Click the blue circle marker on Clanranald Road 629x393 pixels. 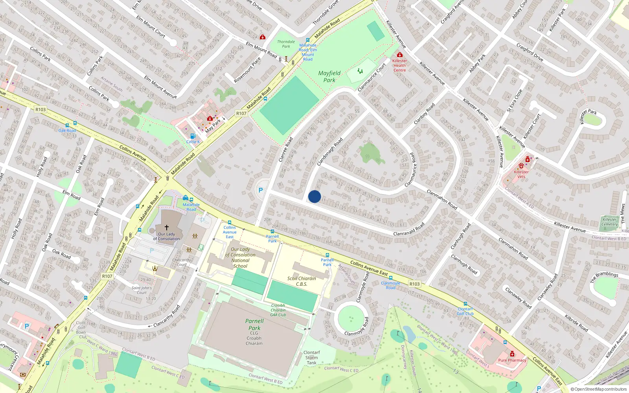click(x=314, y=196)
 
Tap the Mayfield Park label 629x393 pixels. click(x=329, y=77)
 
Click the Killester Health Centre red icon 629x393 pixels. click(x=400, y=55)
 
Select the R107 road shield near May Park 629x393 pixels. click(x=241, y=113)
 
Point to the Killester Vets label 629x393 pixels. click(x=521, y=174)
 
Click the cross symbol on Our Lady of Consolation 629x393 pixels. click(x=167, y=228)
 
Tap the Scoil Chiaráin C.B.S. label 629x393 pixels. click(x=302, y=281)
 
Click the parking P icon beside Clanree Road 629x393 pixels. click(x=260, y=190)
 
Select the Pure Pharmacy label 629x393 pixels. click(x=512, y=360)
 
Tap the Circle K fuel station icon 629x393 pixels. click(x=193, y=136)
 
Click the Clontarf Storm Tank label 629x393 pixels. click(x=311, y=358)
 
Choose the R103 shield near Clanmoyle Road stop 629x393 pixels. click(x=414, y=284)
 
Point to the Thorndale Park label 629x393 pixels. click(x=286, y=44)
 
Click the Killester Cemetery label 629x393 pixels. click(x=609, y=222)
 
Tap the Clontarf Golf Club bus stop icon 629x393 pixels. click(x=465, y=304)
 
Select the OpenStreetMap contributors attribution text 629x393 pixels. click(x=599, y=389)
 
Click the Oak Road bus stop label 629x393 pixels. click(x=67, y=130)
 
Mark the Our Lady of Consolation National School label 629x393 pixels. click(x=240, y=257)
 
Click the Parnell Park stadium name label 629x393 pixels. click(x=254, y=324)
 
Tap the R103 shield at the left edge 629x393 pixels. click(x=40, y=110)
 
